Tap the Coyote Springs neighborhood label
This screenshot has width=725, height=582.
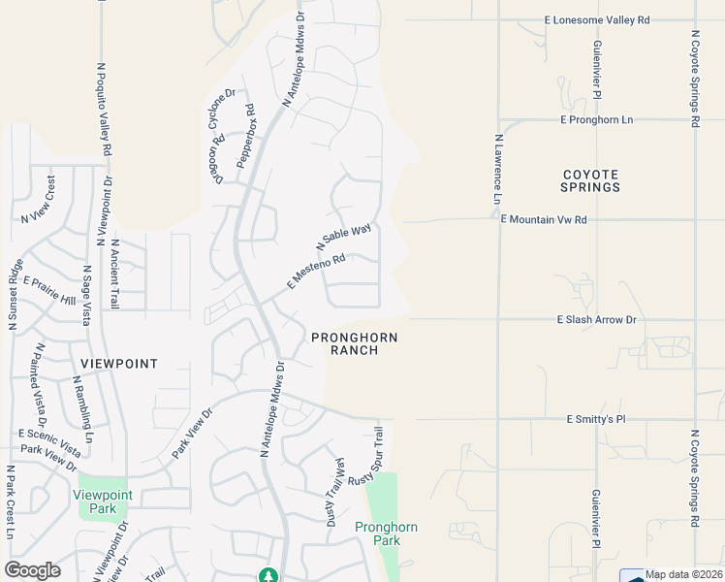590,180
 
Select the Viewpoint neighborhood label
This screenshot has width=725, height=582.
119,363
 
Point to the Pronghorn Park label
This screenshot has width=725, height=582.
386,533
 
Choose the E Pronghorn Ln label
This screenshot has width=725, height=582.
596,119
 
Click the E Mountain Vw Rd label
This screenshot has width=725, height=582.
544,220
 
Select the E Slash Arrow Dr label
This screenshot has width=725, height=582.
596,319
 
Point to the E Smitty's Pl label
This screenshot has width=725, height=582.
596,419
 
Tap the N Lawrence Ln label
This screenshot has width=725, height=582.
498,169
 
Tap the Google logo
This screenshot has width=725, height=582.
32,570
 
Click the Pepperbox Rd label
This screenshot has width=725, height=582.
243,135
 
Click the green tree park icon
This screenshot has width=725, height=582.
268,575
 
